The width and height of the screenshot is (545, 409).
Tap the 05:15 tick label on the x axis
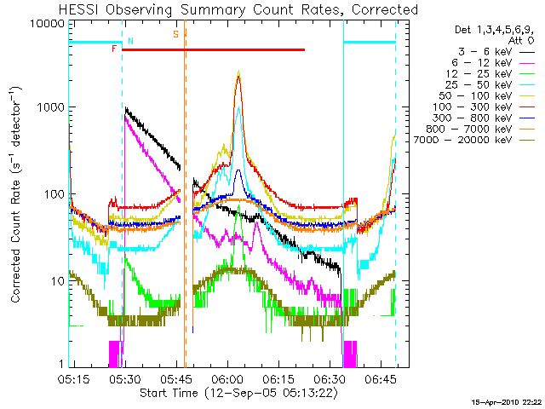(x=74, y=377)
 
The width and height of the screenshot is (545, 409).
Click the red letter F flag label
(x=114, y=49)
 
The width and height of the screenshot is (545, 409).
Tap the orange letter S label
(x=175, y=34)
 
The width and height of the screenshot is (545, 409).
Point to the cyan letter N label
(x=130, y=40)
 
